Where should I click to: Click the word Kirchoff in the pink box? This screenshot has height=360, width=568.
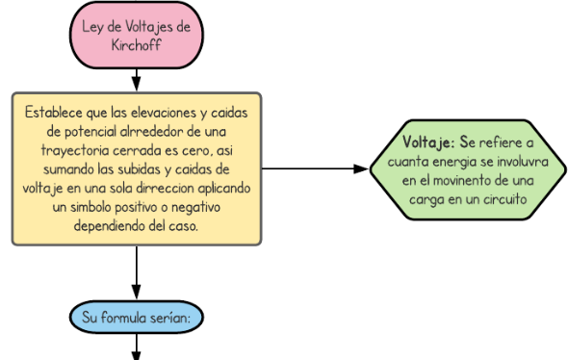pyautogui.click(x=136, y=44)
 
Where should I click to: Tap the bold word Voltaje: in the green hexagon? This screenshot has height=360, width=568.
pyautogui.click(x=430, y=142)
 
